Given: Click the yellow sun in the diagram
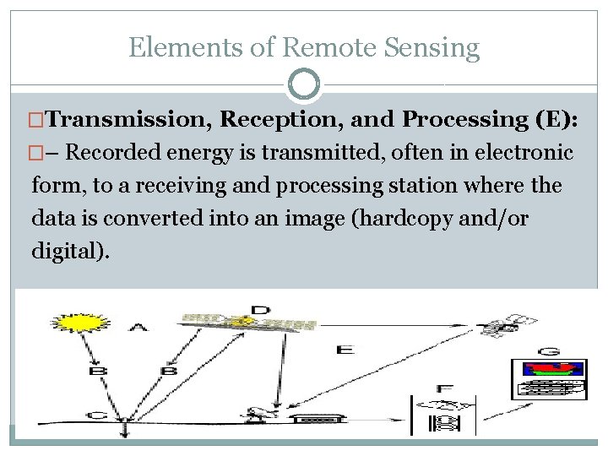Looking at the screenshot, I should (77, 323).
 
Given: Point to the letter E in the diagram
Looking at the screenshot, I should (345, 350).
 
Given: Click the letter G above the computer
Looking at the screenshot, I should (549, 350).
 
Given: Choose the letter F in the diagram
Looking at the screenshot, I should (445, 388).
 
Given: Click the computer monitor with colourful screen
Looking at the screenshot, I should (550, 378).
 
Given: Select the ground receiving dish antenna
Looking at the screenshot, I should (252, 414).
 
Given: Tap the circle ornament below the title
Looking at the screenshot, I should (304, 85).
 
